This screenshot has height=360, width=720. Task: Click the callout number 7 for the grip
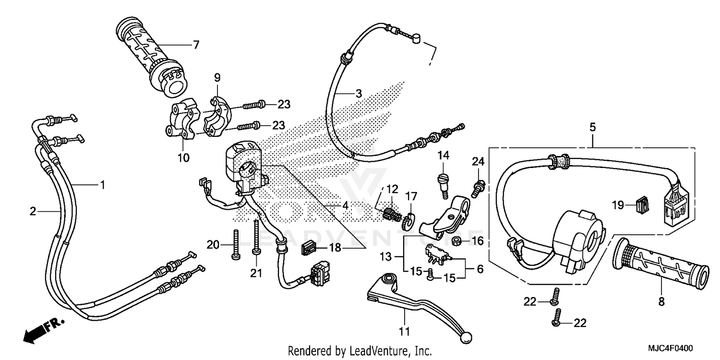pyautogui.click(x=195, y=45)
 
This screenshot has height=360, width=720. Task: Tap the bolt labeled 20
pyautogui.click(x=236, y=245)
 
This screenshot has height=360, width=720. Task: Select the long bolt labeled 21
pyautogui.click(x=257, y=235)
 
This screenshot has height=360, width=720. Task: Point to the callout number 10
pyautogui.click(x=183, y=157)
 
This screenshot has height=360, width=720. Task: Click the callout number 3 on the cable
pyautogui.click(x=358, y=94)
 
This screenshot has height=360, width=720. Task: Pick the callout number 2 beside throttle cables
pyautogui.click(x=32, y=211)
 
